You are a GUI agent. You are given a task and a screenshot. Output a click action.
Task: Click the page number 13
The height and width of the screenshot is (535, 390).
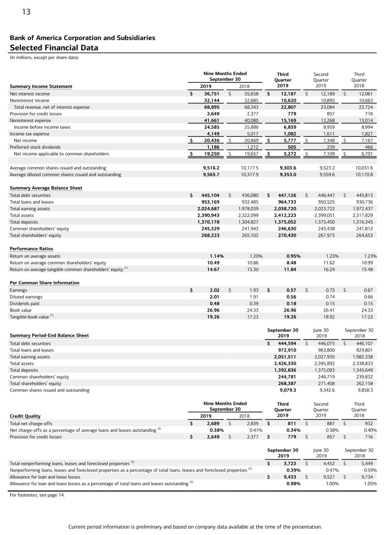26,12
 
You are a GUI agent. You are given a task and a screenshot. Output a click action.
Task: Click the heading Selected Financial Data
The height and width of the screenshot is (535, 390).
54,48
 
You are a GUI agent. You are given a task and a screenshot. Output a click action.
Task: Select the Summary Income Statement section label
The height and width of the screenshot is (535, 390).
41,86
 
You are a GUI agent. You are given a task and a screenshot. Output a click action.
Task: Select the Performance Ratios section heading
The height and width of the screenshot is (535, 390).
31,248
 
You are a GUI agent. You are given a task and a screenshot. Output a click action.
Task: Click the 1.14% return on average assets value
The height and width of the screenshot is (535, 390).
216,256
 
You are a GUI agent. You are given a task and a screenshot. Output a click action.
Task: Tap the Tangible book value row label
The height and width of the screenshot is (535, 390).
29,317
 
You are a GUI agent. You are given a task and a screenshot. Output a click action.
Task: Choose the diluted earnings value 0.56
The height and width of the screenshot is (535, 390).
291,297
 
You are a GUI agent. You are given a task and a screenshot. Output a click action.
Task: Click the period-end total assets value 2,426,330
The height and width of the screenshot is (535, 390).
285,363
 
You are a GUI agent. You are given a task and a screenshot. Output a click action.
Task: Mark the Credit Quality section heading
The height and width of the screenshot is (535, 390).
25,416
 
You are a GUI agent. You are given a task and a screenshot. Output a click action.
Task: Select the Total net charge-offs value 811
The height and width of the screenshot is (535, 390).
292,423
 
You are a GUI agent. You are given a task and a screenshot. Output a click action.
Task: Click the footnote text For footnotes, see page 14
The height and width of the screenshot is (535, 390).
37,495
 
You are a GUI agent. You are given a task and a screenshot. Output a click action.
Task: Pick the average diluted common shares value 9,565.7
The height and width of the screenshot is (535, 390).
211,174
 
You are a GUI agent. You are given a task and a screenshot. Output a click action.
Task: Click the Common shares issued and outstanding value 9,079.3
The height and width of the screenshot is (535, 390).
287,390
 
